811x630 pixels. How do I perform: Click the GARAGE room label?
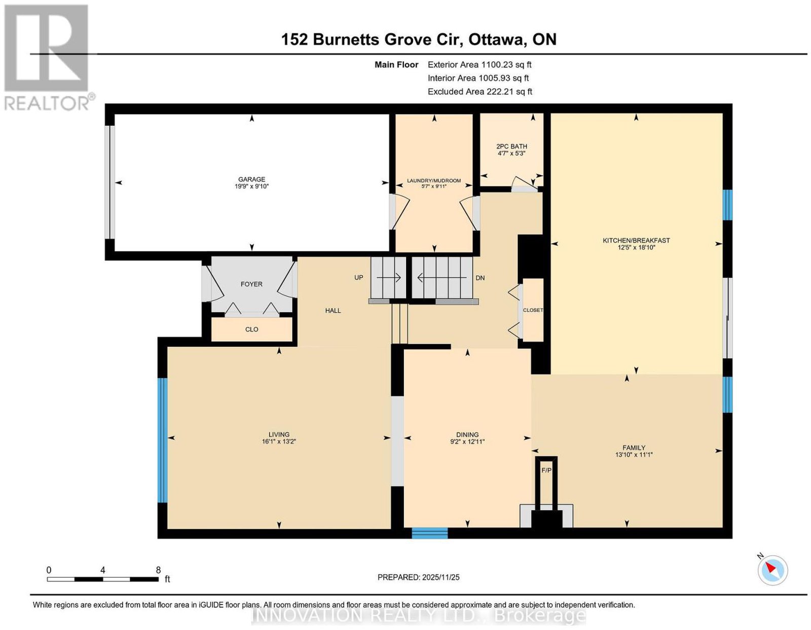tap(251, 179)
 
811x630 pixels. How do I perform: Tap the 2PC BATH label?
tap(511, 146)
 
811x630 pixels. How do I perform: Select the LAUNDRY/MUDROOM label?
tap(434, 180)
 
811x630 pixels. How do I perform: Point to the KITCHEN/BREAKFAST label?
tap(636, 241)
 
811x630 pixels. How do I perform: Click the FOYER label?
tap(251, 284)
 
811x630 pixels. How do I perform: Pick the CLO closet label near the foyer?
tap(251, 329)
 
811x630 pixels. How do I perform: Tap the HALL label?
tap(333, 310)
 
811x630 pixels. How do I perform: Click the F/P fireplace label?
tap(546, 470)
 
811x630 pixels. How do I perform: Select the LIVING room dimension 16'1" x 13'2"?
tap(279, 441)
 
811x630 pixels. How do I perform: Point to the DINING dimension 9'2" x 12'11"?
tap(467, 441)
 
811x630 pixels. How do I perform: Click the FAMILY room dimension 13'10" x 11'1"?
tap(634, 454)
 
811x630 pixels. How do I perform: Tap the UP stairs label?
tap(359, 278)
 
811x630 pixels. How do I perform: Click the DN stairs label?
tap(480, 278)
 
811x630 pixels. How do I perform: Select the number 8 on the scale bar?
tap(158, 570)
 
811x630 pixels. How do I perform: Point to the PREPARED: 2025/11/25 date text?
tap(418, 577)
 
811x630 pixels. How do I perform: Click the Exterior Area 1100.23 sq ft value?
tap(480, 64)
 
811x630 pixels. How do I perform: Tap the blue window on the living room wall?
tap(162, 440)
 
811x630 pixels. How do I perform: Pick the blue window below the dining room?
tap(429, 533)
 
